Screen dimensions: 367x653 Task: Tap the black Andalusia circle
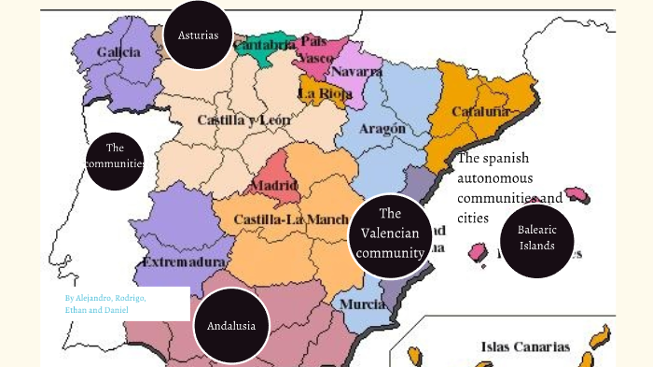232,326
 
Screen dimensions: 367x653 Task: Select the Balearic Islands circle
537,237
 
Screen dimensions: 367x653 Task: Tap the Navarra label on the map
355,71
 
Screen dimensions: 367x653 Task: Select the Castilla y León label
243,120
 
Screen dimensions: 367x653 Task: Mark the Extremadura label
184,262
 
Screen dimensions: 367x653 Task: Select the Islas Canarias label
524,346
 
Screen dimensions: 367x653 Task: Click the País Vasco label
315,49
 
